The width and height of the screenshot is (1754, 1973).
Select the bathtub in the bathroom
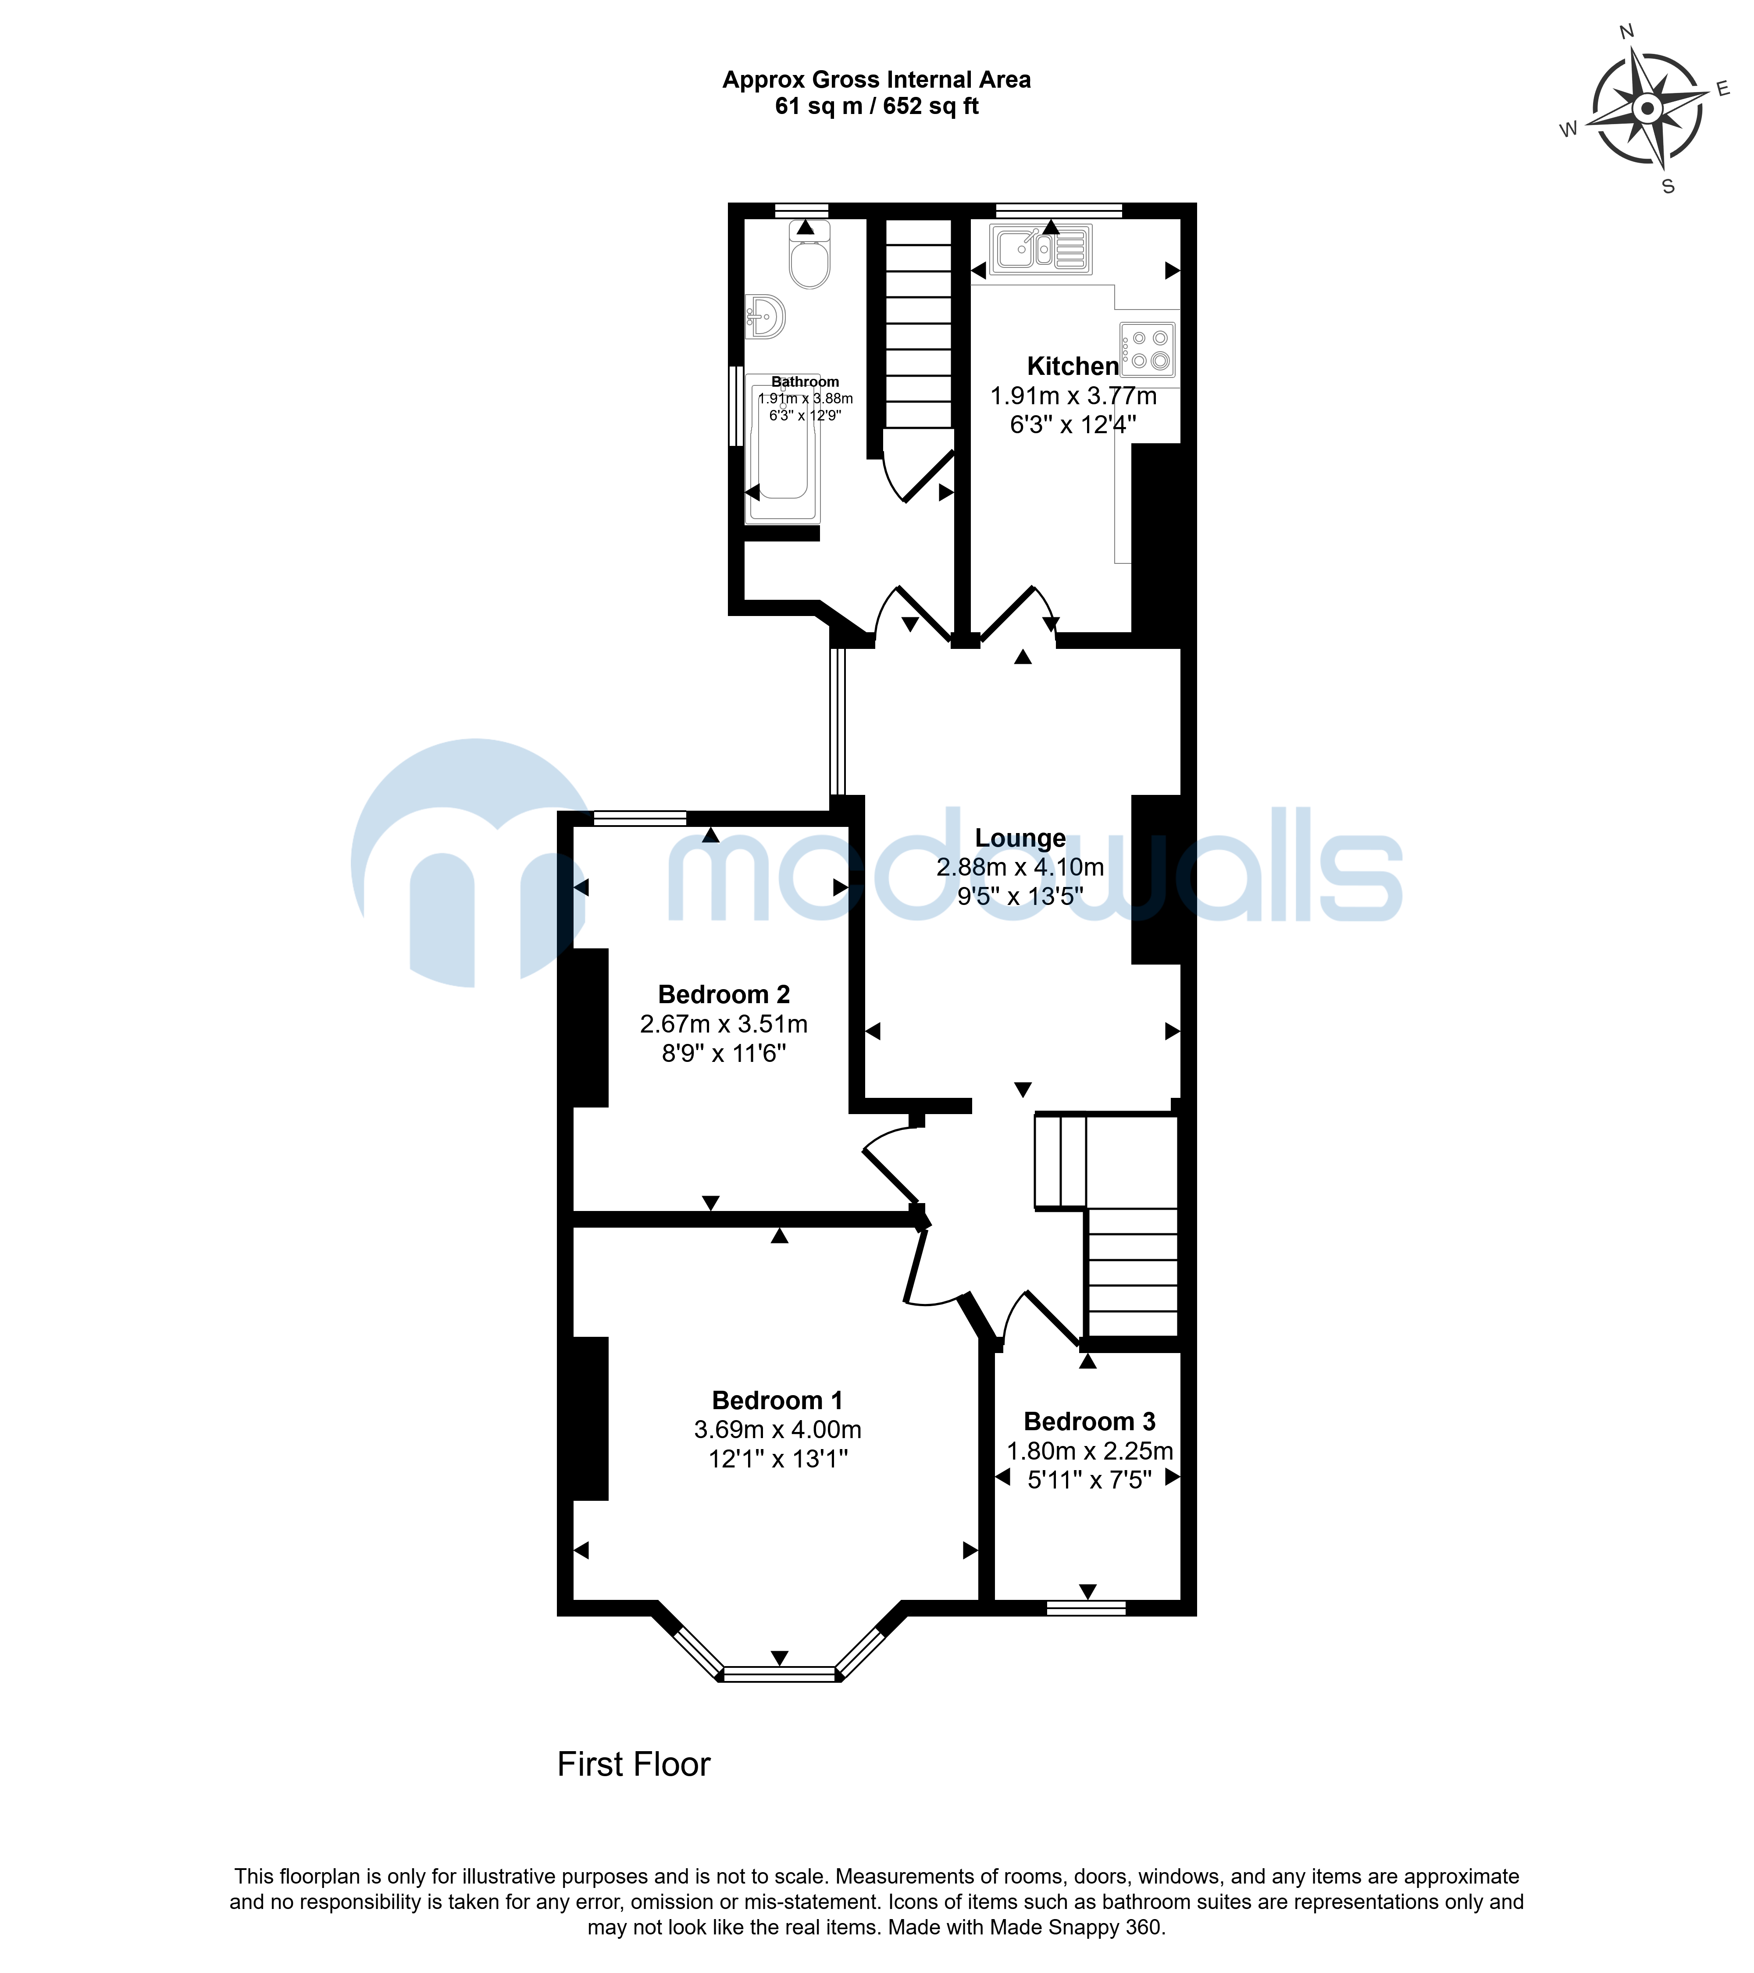782,449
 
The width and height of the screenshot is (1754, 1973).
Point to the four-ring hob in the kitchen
1148,349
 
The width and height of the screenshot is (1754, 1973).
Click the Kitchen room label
1073,367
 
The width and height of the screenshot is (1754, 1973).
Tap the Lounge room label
1020,838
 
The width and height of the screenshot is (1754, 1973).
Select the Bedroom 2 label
724,994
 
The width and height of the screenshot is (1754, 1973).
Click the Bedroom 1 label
777,1400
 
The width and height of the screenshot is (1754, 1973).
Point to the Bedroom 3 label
1090,1422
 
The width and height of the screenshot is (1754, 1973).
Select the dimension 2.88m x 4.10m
1020,867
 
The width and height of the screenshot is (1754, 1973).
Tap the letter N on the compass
1626,32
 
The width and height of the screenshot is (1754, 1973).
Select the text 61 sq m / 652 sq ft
877,106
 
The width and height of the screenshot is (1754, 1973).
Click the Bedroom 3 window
1086,1608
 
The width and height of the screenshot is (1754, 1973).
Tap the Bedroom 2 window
640,819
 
